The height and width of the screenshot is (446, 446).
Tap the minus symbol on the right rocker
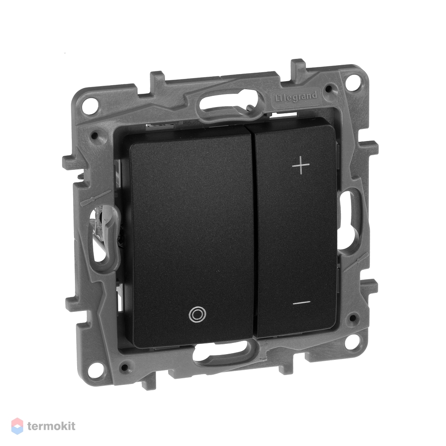click(302, 302)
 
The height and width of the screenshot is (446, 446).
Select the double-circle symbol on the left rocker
click(197, 314)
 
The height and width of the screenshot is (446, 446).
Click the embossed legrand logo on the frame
click(296, 97)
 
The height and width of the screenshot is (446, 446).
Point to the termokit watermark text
click(51, 426)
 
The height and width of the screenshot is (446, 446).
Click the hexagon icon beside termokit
click(17, 426)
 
